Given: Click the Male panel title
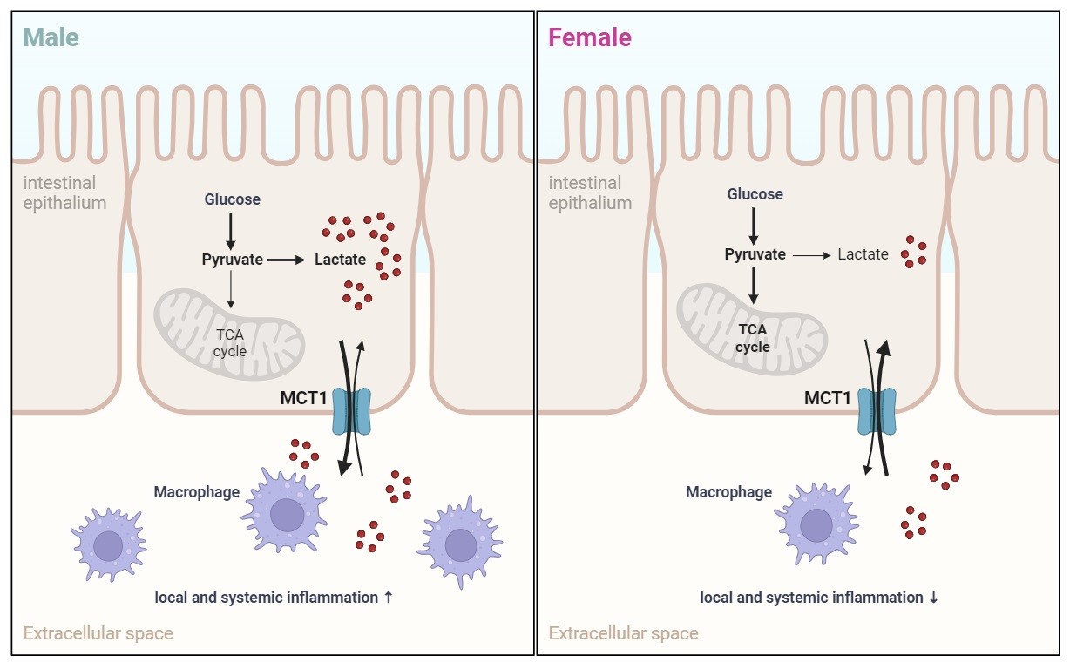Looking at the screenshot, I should click(x=51, y=38).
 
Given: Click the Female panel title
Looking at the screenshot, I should click(x=589, y=38).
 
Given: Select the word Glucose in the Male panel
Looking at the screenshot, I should click(x=232, y=199).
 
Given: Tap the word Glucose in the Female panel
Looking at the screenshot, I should click(x=755, y=194).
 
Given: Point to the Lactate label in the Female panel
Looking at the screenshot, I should click(x=863, y=254).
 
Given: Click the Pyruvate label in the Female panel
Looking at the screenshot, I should click(x=755, y=254).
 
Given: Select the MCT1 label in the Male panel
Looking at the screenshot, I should click(x=303, y=398).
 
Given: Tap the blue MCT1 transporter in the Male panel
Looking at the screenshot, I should click(x=352, y=411).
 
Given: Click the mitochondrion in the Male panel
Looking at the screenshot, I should click(x=228, y=331).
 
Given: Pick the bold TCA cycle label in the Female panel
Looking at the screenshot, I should click(x=753, y=338).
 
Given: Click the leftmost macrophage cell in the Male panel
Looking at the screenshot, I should click(x=108, y=545).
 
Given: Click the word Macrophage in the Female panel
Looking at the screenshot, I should click(x=728, y=492).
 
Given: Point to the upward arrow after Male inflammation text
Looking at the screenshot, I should click(x=389, y=598).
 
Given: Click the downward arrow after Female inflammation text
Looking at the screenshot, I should click(x=933, y=598).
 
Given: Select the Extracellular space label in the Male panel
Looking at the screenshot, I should click(x=98, y=633).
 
